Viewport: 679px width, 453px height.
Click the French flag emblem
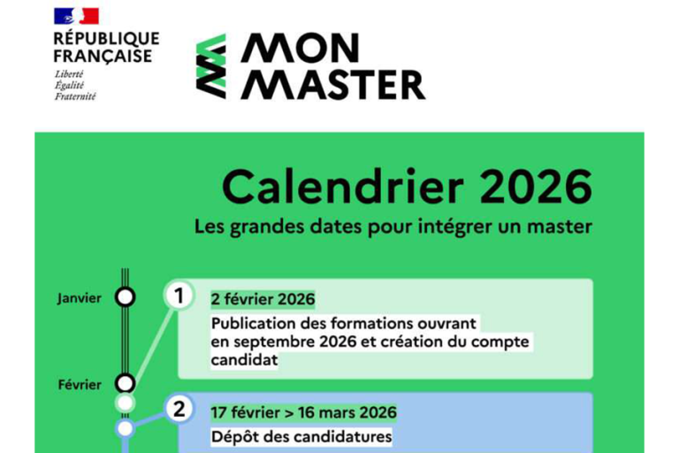click(76, 16)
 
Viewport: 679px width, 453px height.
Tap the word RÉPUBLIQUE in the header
click(106, 39)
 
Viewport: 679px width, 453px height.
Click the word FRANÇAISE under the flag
click(103, 56)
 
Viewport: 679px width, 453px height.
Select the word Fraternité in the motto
click(75, 96)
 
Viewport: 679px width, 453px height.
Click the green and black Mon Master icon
click(210, 65)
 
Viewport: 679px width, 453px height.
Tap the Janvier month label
click(80, 297)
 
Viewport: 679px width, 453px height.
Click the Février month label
click(80, 384)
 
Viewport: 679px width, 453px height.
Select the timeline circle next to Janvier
click(126, 297)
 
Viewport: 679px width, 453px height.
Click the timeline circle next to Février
click(126, 383)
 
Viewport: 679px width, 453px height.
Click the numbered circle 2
click(179, 410)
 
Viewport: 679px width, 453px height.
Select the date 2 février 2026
click(263, 299)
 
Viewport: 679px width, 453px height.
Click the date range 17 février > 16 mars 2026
click(303, 412)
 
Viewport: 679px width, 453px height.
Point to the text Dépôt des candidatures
click(301, 437)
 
